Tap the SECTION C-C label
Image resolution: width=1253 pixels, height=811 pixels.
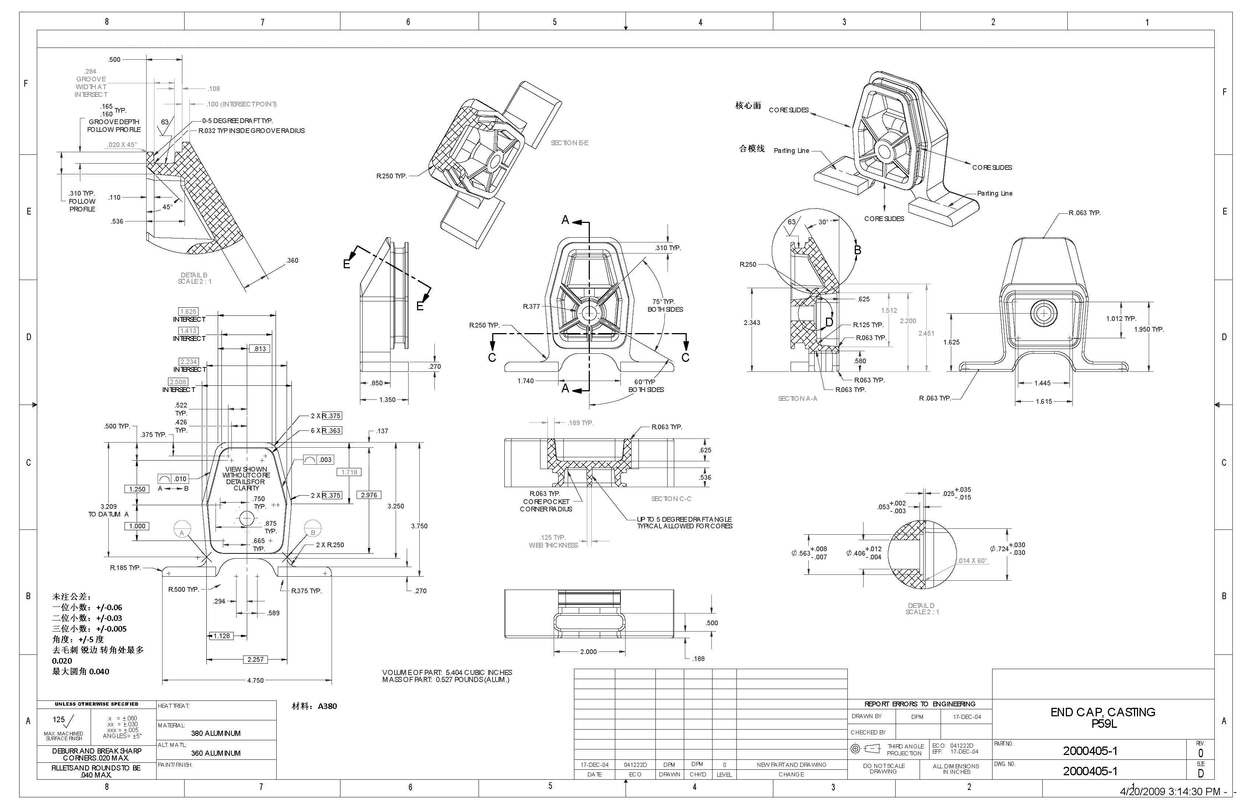point(671,499)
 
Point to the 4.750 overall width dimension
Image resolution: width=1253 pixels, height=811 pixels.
point(255,681)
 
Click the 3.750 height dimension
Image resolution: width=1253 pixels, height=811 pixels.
point(419,525)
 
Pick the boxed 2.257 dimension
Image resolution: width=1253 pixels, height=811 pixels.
point(255,659)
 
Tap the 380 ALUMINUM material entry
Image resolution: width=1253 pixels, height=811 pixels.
point(216,733)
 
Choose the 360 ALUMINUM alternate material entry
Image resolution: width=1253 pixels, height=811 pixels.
point(216,753)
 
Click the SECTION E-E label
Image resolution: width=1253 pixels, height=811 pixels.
point(569,143)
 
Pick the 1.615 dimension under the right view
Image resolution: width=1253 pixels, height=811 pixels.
point(1043,401)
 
